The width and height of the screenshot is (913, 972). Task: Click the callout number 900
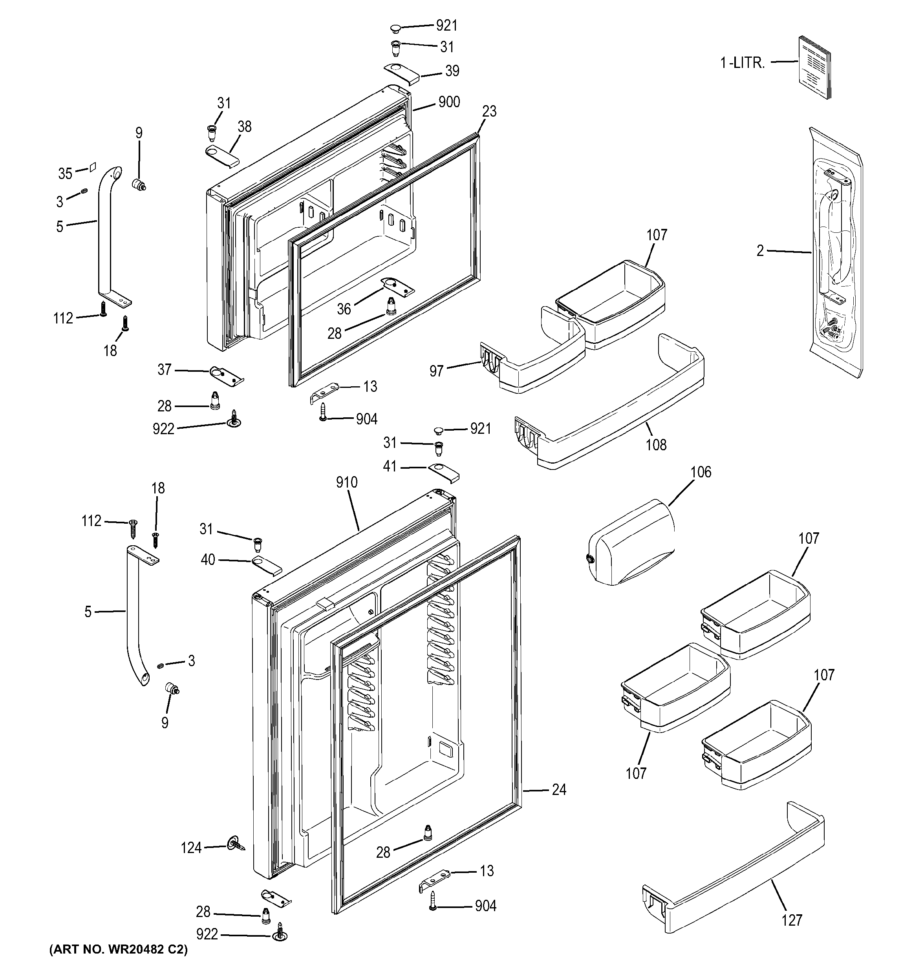[448, 102]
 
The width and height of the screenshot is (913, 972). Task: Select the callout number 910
[346, 482]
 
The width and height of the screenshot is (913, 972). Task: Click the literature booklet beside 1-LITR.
[814, 68]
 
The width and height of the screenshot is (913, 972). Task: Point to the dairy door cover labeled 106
[631, 542]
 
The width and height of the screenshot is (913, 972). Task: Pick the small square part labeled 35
[91, 167]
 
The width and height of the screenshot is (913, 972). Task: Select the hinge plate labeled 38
[221, 157]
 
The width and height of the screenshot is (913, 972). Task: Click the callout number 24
[558, 789]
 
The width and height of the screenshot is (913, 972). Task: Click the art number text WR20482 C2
[118, 950]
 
